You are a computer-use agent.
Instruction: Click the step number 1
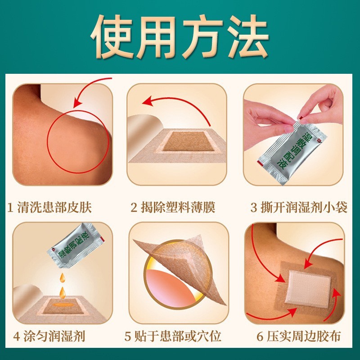coord(11,207)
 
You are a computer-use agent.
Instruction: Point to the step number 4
coord(16,336)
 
